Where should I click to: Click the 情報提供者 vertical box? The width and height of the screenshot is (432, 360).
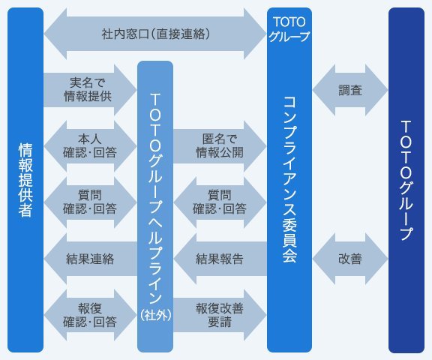click(25, 180)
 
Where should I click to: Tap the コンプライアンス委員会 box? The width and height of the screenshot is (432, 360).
click(289, 180)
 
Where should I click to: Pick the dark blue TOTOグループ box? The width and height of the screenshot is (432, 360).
click(406, 180)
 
